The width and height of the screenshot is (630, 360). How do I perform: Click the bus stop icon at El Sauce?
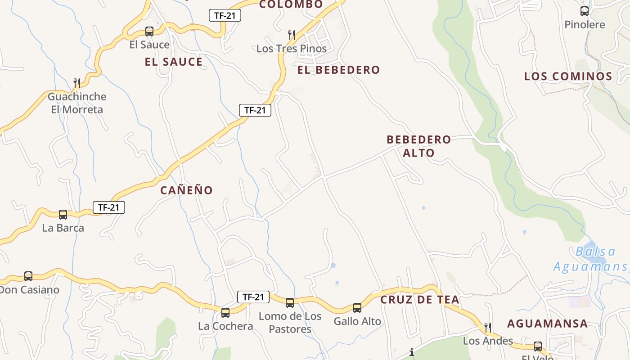coord(149,31)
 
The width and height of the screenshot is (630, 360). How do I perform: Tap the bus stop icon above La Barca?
coord(63,215)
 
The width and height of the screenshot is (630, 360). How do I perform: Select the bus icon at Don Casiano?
coord(28,276)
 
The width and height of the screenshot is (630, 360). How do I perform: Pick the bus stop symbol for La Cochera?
coord(225,312)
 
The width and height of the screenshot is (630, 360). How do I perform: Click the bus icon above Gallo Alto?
coord(357,308)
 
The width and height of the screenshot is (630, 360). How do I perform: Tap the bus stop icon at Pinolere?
coord(585,11)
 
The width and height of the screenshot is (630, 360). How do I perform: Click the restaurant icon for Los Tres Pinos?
coord(292,35)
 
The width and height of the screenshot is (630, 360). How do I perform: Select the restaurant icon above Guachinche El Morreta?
coord(77,83)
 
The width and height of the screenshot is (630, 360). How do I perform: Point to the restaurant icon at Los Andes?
coord(488,327)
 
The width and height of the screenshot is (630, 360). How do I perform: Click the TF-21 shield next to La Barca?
coord(109,207)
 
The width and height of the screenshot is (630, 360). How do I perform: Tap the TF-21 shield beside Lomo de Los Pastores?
coord(253,297)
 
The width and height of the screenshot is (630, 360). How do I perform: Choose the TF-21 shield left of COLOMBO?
coord(225,15)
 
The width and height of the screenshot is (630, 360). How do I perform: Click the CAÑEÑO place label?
coord(186,190)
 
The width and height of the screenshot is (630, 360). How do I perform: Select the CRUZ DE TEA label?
coord(420,300)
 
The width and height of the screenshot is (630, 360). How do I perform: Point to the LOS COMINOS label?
coord(568,76)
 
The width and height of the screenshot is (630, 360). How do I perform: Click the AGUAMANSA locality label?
coord(547,324)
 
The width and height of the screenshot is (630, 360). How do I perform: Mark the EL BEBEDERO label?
coord(338,70)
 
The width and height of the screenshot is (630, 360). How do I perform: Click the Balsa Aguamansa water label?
coord(589,259)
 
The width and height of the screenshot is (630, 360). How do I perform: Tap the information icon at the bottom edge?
coord(412,352)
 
